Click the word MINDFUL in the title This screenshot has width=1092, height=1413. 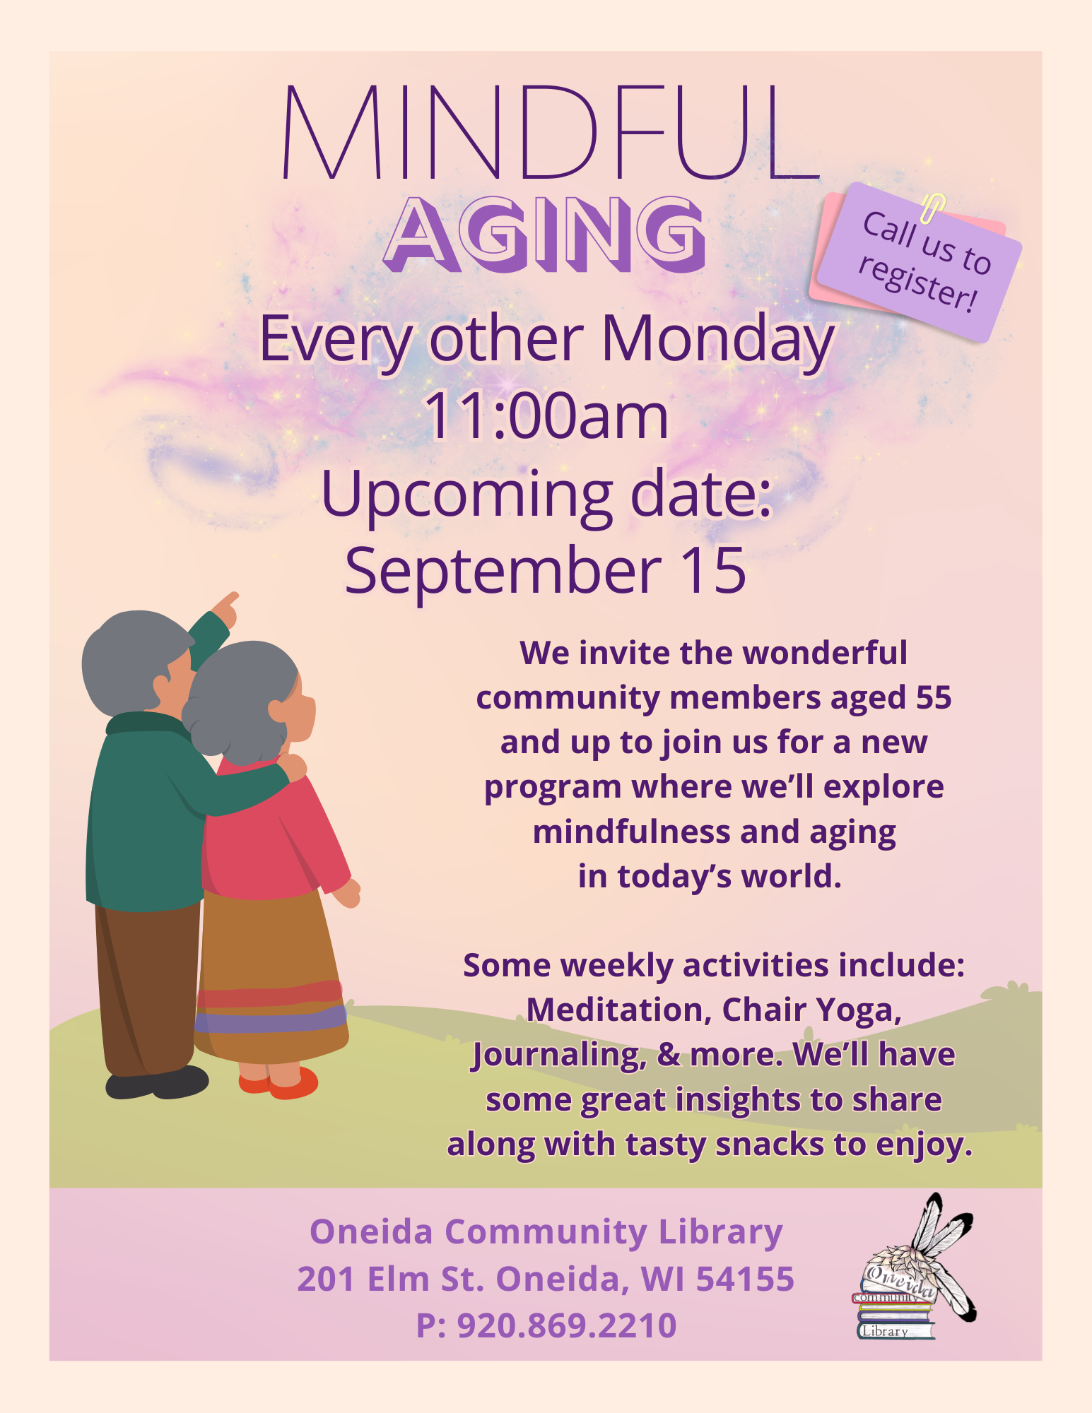pyautogui.click(x=551, y=132)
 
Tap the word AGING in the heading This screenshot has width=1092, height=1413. pyautogui.click(x=545, y=235)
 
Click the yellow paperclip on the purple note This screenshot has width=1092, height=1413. pyautogui.click(x=933, y=207)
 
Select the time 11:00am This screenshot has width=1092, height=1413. pyautogui.click(x=546, y=416)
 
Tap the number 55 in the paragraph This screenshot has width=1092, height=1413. pyautogui.click(x=934, y=697)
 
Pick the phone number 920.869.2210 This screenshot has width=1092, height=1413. pyautogui.click(x=567, y=1325)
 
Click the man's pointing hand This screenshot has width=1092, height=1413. pyautogui.click(x=225, y=608)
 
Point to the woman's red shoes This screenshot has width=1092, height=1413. pyautogui.click(x=278, y=1081)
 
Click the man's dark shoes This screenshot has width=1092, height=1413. pyautogui.click(x=157, y=1082)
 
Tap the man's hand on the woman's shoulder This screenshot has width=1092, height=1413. pyautogui.click(x=292, y=766)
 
